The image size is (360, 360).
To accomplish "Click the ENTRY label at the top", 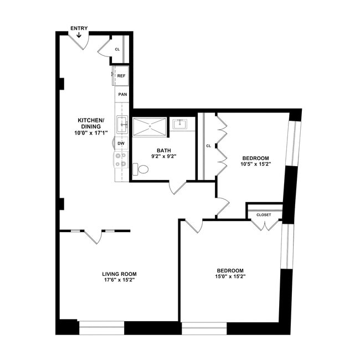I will tap(79, 28).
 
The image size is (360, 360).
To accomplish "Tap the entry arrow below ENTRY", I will tap(79, 35).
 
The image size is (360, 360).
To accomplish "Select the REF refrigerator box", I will tap(121, 75).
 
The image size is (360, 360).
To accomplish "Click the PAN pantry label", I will tap(122, 94).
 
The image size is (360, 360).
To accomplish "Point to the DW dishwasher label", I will tap(121, 143).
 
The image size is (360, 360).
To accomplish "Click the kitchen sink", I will tap(122, 125).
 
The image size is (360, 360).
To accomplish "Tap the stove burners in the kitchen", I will tap(121, 160).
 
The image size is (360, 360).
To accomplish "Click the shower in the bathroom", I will tap(149, 127).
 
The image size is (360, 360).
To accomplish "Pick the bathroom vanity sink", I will tap(181, 124).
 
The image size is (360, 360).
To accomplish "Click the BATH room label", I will tap(163, 150).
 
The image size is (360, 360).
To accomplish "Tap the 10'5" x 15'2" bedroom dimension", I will tap(255, 164).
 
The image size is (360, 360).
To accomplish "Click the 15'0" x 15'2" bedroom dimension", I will tap(230, 276).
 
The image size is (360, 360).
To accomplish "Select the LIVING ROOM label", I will tap(119, 274).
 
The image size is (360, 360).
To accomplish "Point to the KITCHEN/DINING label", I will tap(91, 123).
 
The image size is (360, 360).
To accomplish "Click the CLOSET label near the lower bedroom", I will tap(264, 214).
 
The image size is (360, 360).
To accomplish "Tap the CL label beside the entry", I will tap(117, 49).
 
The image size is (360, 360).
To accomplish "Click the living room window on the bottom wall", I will tap(101, 328).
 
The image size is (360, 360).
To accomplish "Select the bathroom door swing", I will tap(178, 187).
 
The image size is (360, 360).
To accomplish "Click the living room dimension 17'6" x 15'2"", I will tap(119, 280).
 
